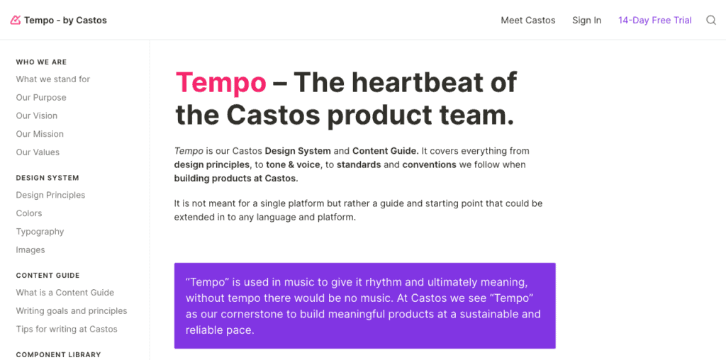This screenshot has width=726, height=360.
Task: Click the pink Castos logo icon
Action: tap(16, 20)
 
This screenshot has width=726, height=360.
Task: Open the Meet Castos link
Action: tap(527, 21)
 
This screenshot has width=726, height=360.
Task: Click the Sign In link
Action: tap(586, 21)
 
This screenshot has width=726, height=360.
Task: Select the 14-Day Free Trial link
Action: tap(654, 21)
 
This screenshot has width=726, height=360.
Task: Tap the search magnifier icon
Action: tap(710, 21)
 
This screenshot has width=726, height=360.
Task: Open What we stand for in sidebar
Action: tap(52, 79)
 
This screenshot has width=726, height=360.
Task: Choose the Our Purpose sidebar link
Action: tap(41, 98)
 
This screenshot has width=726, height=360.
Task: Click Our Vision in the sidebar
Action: tap(37, 116)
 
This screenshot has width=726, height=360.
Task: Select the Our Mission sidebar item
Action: tap(40, 134)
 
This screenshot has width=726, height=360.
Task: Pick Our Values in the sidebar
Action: tap(38, 152)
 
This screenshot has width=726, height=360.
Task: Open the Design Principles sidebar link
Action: tap(50, 196)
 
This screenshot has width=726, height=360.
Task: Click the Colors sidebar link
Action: tap(28, 213)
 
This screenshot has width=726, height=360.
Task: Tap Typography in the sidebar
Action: tap(40, 232)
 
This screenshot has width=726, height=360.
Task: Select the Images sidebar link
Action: tap(30, 250)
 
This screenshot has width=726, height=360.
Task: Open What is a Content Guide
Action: tap(65, 293)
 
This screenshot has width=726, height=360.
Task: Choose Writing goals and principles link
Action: tap(72, 311)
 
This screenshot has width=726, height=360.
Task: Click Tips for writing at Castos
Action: tap(67, 330)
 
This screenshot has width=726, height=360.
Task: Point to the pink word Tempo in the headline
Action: tap(221, 83)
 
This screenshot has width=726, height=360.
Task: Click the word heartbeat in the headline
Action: tap(433, 82)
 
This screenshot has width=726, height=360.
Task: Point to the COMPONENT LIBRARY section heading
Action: tap(58, 355)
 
